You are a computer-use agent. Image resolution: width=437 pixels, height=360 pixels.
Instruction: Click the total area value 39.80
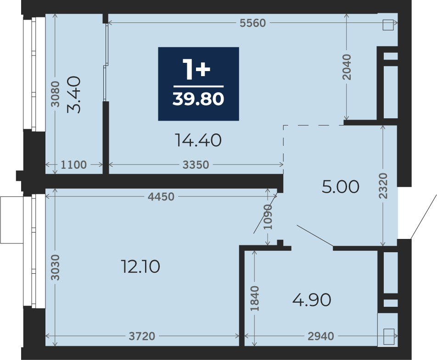click(x=198, y=99)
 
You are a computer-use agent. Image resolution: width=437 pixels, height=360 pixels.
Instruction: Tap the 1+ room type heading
click(x=196, y=70)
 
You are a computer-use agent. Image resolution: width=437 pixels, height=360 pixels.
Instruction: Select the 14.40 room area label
click(x=198, y=140)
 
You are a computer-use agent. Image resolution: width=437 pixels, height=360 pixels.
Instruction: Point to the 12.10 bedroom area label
click(x=140, y=266)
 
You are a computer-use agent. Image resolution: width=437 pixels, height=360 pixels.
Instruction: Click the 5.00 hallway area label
click(x=340, y=187)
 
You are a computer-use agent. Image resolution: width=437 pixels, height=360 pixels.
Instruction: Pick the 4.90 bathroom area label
click(x=312, y=300)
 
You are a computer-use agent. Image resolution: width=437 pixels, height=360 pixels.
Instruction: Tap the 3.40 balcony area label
click(x=74, y=94)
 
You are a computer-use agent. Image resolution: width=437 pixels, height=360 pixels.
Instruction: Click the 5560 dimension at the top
click(x=253, y=23)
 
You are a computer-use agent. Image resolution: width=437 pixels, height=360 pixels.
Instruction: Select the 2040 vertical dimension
click(x=347, y=67)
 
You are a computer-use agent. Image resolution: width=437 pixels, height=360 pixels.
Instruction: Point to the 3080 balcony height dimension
click(x=56, y=94)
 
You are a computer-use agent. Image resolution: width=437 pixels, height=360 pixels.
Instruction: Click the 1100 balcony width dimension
click(x=73, y=165)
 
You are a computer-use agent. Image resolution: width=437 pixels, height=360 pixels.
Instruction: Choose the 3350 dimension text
click(x=196, y=165)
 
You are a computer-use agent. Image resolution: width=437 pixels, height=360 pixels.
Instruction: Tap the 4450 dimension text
click(x=161, y=197)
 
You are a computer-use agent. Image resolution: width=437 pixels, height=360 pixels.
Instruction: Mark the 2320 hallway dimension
click(x=383, y=186)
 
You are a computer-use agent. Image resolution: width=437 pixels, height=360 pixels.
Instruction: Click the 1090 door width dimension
click(x=268, y=217)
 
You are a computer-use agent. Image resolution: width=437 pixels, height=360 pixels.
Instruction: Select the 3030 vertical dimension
click(x=56, y=267)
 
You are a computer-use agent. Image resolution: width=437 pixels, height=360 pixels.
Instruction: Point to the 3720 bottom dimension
click(x=142, y=336)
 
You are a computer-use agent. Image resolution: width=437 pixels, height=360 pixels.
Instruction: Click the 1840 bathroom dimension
click(x=254, y=299)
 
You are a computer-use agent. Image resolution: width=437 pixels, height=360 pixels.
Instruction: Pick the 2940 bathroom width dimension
click(x=321, y=336)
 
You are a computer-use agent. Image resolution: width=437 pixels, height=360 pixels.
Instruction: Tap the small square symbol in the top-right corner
click(x=388, y=25)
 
